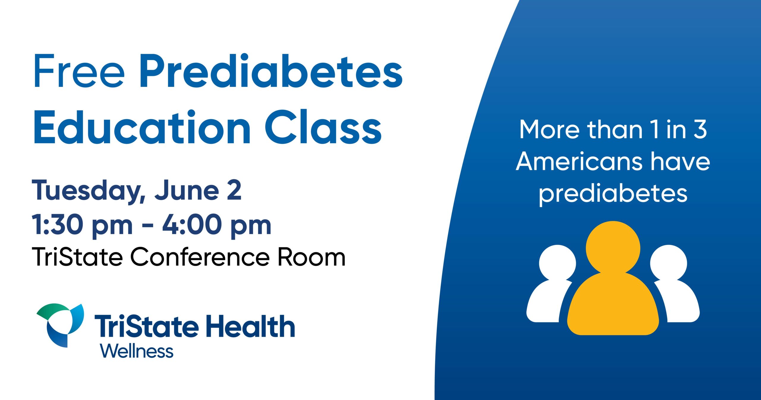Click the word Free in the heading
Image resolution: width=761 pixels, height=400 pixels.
coord(79,71)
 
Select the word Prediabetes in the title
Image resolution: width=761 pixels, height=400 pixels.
coord(271,71)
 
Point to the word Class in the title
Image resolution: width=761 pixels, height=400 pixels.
coord(323,127)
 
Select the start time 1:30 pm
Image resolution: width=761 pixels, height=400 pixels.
coord(82,225)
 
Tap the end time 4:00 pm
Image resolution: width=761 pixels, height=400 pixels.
coord(217,225)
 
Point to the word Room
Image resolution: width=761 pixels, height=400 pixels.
coord(312,257)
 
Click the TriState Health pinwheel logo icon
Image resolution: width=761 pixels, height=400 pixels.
coord(60,325)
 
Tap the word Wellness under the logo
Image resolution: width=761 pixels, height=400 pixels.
coord(137,351)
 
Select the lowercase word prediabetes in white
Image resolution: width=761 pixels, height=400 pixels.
coord(613,194)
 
